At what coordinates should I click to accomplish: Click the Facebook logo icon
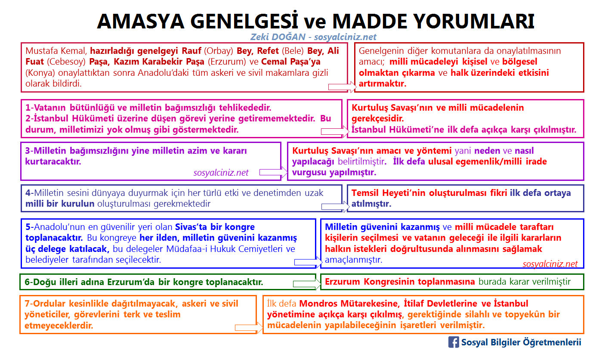pyautogui.click(x=453, y=342)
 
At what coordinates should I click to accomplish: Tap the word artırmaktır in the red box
pyautogui.click(x=383, y=84)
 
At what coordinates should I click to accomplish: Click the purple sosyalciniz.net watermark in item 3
pyautogui.click(x=221, y=173)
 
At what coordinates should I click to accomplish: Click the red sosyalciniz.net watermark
pyautogui.click(x=550, y=264)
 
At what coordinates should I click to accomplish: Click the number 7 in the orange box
pyautogui.click(x=27, y=304)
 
